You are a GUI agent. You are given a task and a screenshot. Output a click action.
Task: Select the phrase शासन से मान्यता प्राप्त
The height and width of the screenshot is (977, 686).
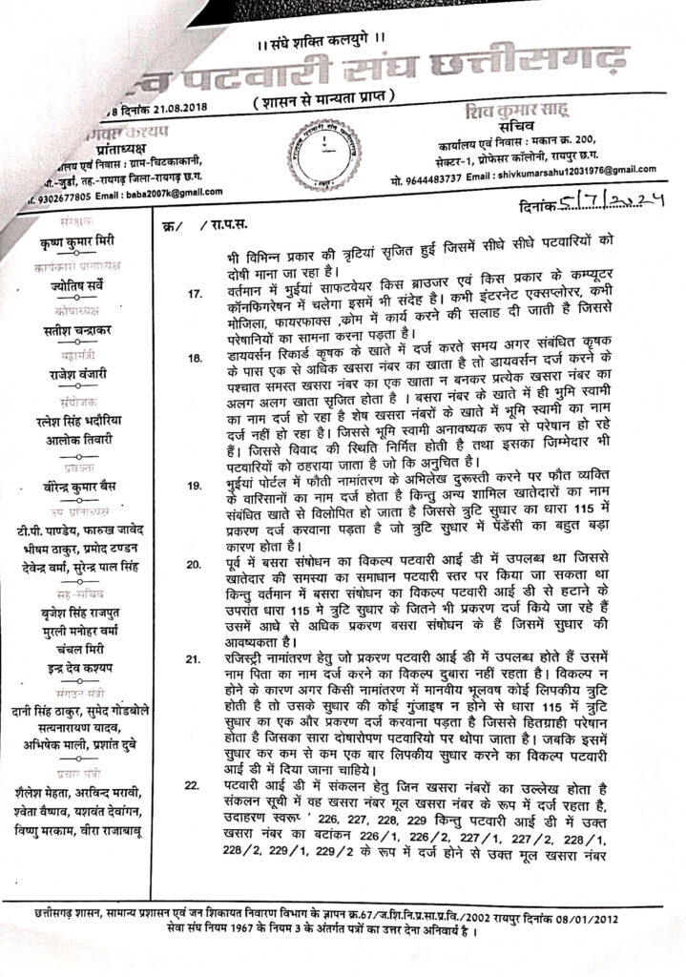point(343,102)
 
